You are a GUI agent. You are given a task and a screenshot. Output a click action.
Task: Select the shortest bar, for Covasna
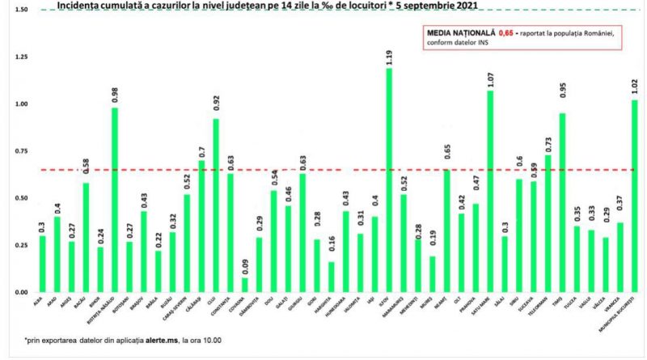coord(245,284)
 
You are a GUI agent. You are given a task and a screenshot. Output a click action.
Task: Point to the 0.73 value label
coord(548,142)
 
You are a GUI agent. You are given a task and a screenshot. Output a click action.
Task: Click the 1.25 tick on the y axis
coord(21,57)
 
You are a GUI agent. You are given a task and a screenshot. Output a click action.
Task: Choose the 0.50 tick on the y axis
coord(21,198)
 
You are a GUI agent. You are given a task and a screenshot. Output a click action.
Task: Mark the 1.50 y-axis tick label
coord(21,11)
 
